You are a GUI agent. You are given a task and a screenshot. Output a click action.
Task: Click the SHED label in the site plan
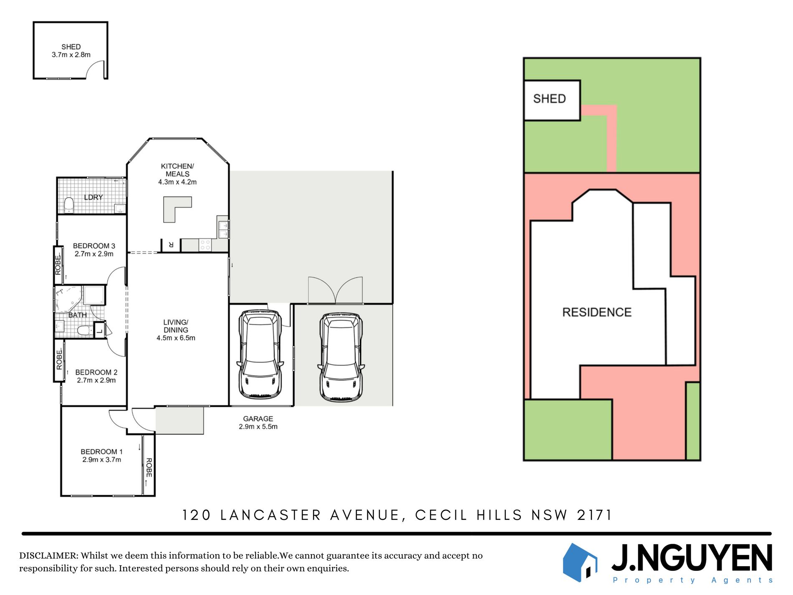(549, 99)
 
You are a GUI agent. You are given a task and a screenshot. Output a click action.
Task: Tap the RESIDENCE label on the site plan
(597, 312)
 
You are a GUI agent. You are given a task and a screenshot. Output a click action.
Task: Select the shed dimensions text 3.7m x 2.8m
(71, 55)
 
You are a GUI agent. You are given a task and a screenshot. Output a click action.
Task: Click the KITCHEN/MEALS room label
(177, 174)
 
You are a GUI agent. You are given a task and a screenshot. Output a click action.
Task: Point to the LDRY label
(93, 197)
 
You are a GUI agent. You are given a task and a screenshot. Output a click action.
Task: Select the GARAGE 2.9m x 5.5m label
(258, 423)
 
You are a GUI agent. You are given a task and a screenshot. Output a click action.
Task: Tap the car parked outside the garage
(341, 357)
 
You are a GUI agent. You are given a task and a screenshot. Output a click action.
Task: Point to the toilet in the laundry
(69, 205)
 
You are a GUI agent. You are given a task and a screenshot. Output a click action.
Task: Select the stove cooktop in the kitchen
(205, 245)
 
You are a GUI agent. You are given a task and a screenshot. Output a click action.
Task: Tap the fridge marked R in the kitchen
(171, 245)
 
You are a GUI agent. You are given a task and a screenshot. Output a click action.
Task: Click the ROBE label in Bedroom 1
(149, 468)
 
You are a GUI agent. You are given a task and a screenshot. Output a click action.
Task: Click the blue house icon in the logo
(580, 562)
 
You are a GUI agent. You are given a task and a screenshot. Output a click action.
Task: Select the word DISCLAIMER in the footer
(48, 556)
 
